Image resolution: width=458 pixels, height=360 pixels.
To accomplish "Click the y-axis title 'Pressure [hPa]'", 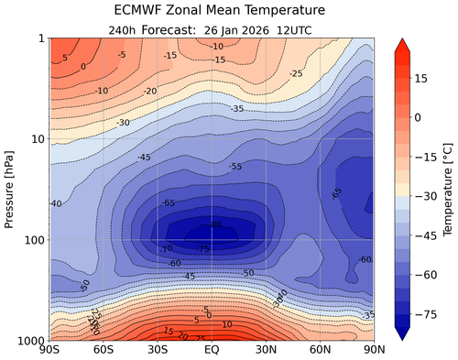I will [x=11, y=189].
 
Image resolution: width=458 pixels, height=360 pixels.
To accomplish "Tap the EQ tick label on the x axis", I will [x=212, y=351].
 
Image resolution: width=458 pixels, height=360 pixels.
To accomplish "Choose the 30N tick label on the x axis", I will [x=266, y=351].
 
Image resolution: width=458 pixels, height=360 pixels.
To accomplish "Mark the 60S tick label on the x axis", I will [x=104, y=351].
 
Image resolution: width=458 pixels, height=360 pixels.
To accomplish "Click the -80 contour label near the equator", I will [x=216, y=224].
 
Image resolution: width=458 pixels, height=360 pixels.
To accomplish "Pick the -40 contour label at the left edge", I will [x=56, y=203].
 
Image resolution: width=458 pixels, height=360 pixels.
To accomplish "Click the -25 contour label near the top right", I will [x=295, y=73].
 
